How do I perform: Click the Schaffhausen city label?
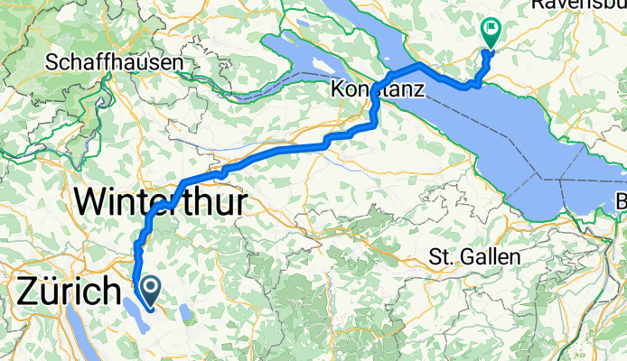coord(115,63)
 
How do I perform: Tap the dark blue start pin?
coord(148,290)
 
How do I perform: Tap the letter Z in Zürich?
coord(26,292)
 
